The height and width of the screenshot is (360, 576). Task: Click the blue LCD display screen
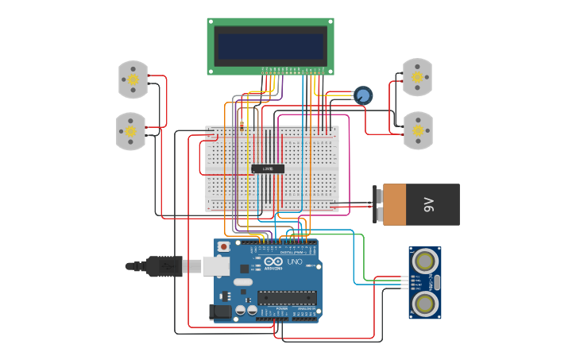click(270, 45)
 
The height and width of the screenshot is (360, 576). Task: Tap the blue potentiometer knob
click(363, 95)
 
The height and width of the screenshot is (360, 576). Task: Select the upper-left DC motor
click(133, 79)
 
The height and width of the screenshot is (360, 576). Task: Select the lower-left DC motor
click(130, 131)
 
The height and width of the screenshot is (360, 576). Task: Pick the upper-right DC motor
click(417, 77)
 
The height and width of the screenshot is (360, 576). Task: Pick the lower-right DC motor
click(418, 130)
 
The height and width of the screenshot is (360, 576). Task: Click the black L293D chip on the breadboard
click(268, 168)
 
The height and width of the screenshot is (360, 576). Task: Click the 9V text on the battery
click(430, 205)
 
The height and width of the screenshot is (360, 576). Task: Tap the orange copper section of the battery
click(395, 205)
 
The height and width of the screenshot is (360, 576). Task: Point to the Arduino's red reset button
click(224, 247)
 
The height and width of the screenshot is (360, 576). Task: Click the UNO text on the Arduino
click(294, 261)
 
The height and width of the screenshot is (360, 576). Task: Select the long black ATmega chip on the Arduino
click(286, 298)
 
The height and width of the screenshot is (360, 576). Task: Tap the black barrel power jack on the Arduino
click(220, 312)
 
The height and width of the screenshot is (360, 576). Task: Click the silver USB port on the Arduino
click(215, 265)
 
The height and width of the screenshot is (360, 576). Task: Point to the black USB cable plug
click(165, 266)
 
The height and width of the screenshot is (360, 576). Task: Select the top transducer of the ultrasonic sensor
click(426, 260)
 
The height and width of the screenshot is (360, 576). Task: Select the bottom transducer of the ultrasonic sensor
click(426, 303)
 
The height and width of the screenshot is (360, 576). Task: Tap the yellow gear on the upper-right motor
click(417, 77)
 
